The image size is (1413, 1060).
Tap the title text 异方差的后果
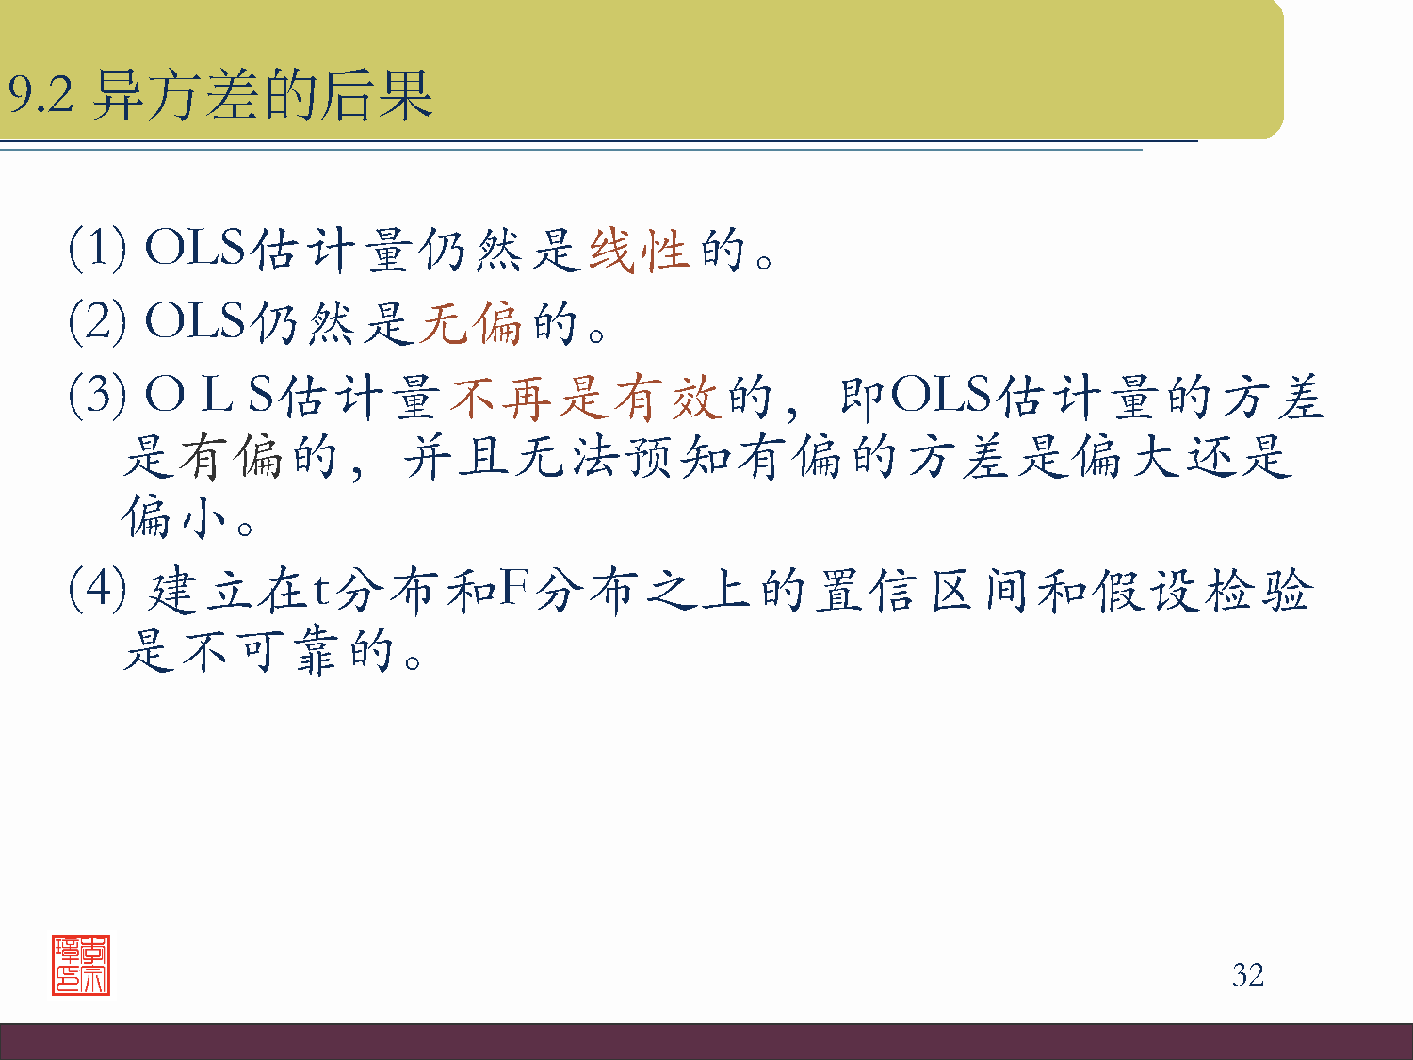263,95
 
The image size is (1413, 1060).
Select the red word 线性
639,251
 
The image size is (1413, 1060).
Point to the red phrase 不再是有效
584,397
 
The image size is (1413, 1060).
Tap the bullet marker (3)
97,395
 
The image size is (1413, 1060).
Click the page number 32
1247,974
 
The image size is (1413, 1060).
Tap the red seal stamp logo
81,965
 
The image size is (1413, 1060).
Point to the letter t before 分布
321,592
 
